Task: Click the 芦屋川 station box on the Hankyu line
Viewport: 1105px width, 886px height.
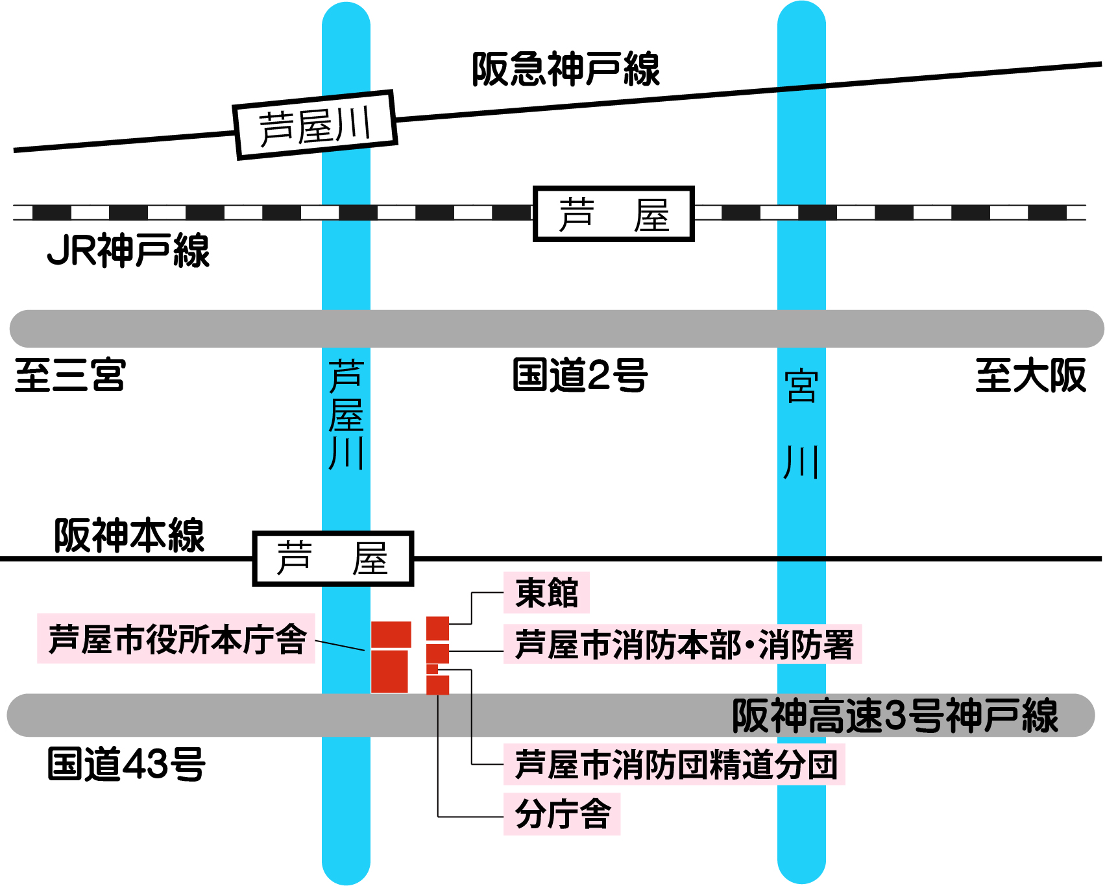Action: pos(315,125)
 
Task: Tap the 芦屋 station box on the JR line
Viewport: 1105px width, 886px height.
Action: pos(613,214)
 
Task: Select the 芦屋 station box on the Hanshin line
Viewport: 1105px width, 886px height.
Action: pos(333,558)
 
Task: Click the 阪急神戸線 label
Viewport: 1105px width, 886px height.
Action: pos(565,69)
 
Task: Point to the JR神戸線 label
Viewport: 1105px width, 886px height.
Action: pos(128,251)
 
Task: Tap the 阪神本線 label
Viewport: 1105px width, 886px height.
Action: pos(129,535)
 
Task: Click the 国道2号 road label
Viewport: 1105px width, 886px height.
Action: pos(580,375)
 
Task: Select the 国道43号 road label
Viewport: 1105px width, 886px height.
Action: pos(127,763)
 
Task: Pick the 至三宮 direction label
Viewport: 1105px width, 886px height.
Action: pos(70,375)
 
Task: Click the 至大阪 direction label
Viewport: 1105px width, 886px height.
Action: pos(1030,375)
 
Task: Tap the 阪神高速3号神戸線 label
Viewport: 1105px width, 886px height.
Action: pos(895,715)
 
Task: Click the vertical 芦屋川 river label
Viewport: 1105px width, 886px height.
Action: pos(346,415)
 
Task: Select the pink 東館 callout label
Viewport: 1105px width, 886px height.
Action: pos(546,592)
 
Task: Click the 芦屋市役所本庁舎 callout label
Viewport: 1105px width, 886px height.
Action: pos(176,639)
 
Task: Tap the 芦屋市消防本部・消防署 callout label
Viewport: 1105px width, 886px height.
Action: pos(683,644)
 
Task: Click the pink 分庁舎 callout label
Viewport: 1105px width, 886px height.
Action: pos(563,814)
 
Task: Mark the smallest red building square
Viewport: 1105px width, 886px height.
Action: pos(432,669)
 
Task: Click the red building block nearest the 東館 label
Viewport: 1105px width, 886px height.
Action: pos(437,628)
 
